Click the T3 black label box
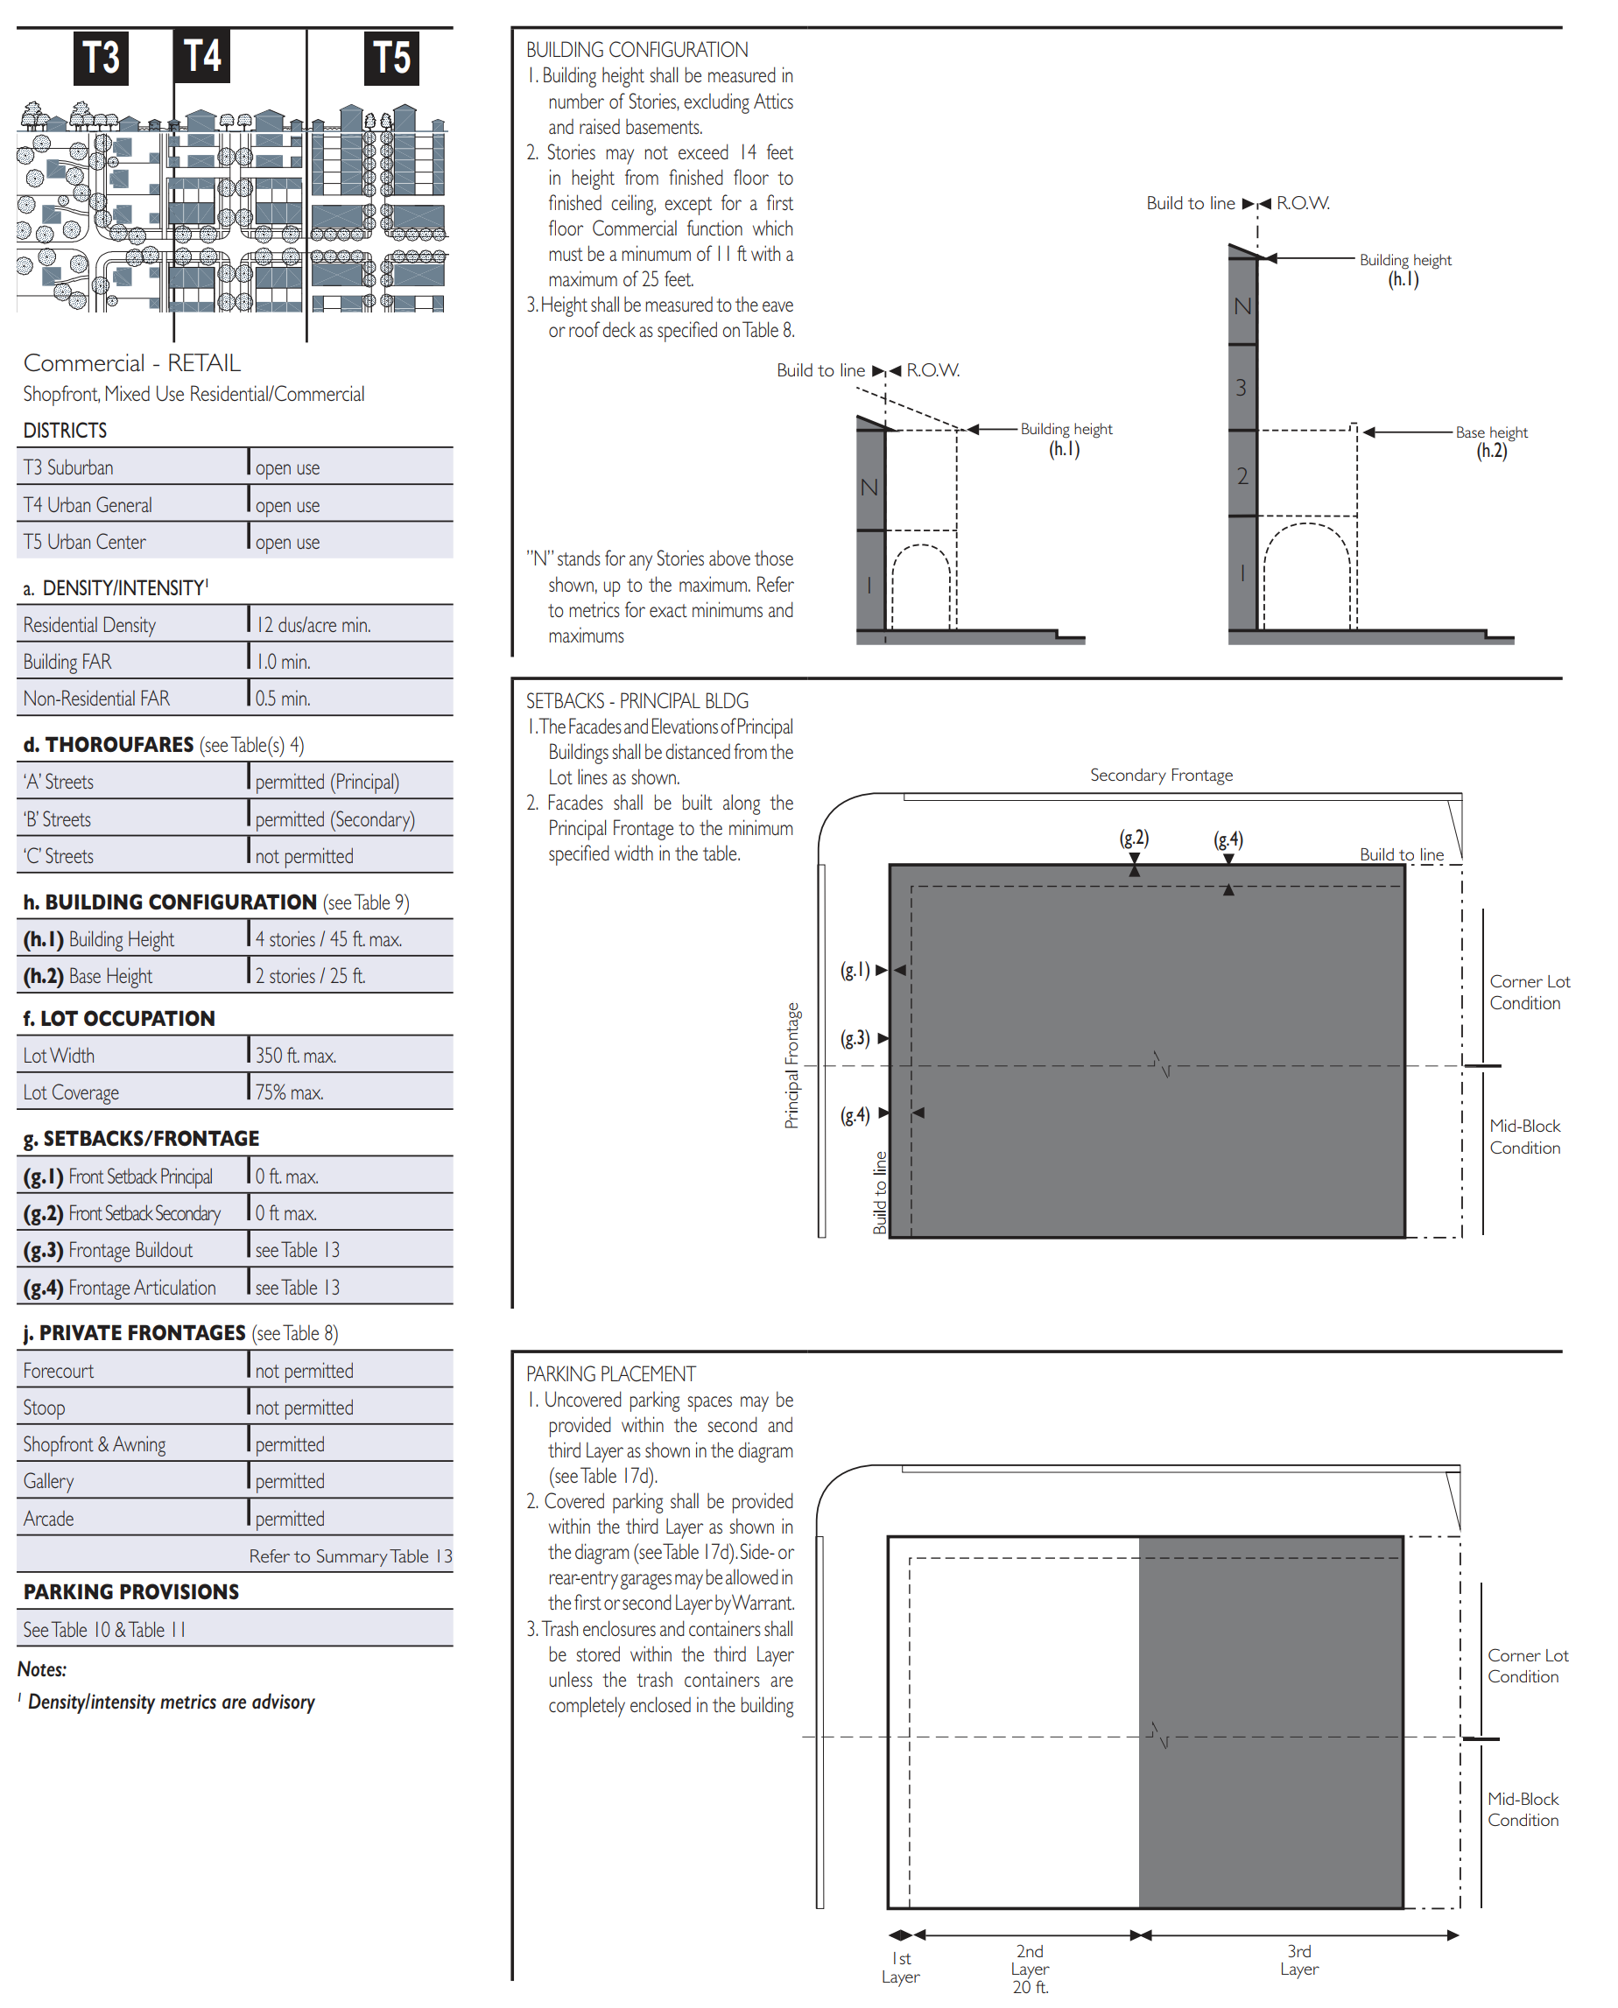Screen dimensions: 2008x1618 (101, 58)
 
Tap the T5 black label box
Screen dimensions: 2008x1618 (390, 58)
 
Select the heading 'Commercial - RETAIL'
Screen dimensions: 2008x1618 (131, 362)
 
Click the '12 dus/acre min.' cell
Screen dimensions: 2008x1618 (313, 624)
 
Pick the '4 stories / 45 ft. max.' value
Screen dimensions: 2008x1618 (328, 939)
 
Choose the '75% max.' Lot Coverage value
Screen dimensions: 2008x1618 (289, 1092)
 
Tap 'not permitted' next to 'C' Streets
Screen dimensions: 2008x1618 (304, 855)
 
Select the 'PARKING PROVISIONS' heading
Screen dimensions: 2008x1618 (131, 1591)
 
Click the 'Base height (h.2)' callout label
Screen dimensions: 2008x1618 (1491, 442)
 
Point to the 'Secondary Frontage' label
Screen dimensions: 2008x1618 (1161, 775)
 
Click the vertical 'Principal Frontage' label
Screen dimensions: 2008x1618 (791, 1065)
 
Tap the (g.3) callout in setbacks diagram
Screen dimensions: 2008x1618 (855, 1038)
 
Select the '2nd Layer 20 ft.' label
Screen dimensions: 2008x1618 (1030, 1968)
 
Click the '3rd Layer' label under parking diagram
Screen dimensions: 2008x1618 (1299, 1960)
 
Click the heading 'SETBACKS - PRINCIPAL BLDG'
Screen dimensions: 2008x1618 (637, 701)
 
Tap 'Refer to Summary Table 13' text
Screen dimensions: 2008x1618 (350, 1556)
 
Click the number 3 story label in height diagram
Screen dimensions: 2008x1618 (1241, 388)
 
